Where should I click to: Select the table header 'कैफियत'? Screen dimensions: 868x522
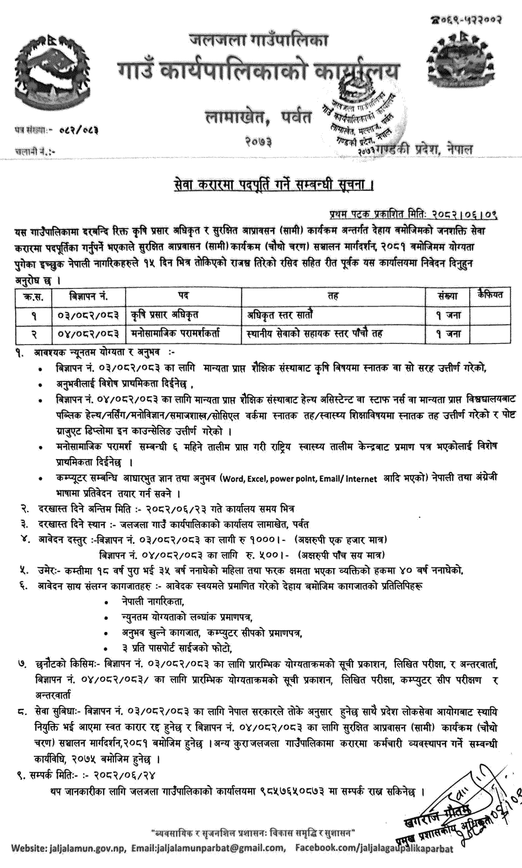[x=491, y=296]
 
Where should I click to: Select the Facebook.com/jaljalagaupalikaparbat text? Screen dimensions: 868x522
[x=374, y=848]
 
